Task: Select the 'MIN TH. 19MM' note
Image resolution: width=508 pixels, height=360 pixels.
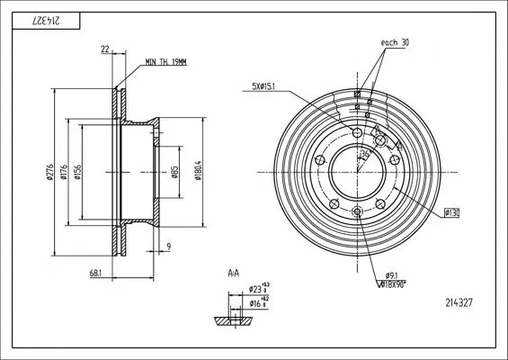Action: [x=168, y=61]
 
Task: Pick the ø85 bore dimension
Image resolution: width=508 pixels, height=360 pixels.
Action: [x=174, y=173]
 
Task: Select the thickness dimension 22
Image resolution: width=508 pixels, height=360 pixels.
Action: [x=105, y=51]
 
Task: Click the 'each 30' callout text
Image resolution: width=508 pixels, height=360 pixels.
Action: [x=396, y=41]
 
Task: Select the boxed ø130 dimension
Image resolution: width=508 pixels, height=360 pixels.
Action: [x=451, y=213]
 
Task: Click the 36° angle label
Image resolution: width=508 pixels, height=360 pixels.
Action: [x=364, y=155]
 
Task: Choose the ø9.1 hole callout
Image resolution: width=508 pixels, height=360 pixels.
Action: [x=391, y=274]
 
